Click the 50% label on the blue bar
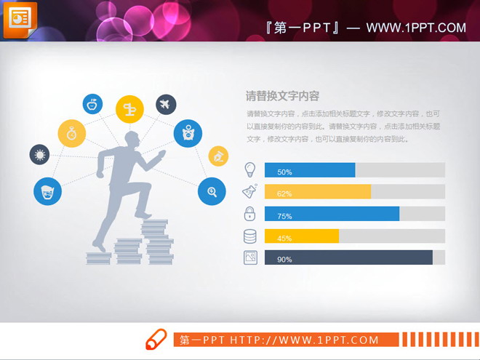pos(284,172)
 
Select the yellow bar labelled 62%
pos(318,193)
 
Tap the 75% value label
pos(284,216)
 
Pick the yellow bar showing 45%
pos(302,237)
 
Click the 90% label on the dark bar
pos(284,260)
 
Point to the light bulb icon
pos(249,169)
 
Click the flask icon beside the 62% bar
pos(249,192)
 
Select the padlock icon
pos(249,214)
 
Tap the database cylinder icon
pos(249,236)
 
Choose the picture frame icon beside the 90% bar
pos(249,257)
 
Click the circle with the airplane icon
pos(166,105)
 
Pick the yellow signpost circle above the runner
pos(129,109)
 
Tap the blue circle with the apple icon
pos(92,104)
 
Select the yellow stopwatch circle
pos(72,133)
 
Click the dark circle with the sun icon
pos(39,154)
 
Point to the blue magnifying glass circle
pos(212,191)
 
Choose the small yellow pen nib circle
pos(218,156)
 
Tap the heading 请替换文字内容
pos(282,96)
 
